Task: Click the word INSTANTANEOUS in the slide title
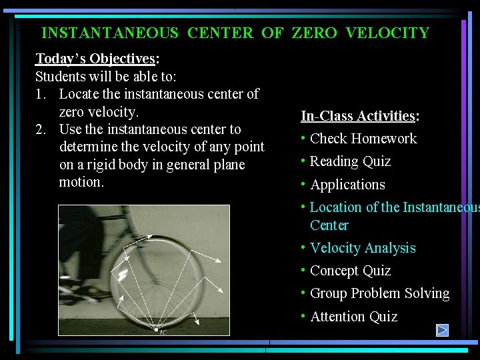pyautogui.click(x=110, y=33)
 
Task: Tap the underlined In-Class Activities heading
pyautogui.click(x=358, y=116)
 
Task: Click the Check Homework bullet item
pyautogui.click(x=363, y=139)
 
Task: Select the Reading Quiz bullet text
pyautogui.click(x=350, y=161)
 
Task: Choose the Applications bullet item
pyautogui.click(x=347, y=185)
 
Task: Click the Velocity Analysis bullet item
pyautogui.click(x=363, y=248)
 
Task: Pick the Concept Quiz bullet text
pyautogui.click(x=350, y=271)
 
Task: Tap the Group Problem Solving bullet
pyautogui.click(x=379, y=293)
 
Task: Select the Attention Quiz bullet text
pyautogui.click(x=353, y=317)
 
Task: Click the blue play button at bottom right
pyautogui.click(x=442, y=330)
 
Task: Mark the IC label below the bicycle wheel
pyautogui.click(x=163, y=332)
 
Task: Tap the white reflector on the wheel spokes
pyautogui.click(x=123, y=275)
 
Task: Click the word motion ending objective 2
pyautogui.click(x=81, y=182)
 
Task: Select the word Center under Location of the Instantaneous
pyautogui.click(x=329, y=225)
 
